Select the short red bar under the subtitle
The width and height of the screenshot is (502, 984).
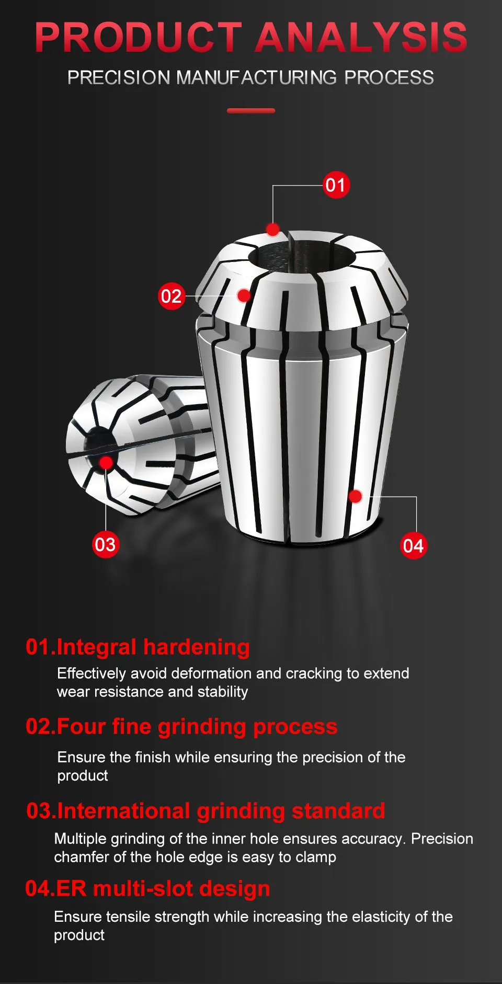point(251,111)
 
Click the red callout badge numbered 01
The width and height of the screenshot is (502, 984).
point(336,185)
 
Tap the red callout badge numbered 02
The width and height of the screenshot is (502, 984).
point(172,296)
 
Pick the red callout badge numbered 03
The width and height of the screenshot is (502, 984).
point(105,544)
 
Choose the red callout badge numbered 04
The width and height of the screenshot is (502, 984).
point(413,546)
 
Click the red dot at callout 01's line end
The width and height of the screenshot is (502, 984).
point(272,229)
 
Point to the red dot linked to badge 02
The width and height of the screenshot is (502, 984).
point(244,295)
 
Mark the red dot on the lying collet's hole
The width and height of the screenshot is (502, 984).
point(106,463)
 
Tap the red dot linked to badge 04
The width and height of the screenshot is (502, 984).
point(355,496)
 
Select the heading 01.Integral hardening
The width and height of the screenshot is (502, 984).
point(138,647)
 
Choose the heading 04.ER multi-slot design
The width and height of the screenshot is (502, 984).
point(148,889)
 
